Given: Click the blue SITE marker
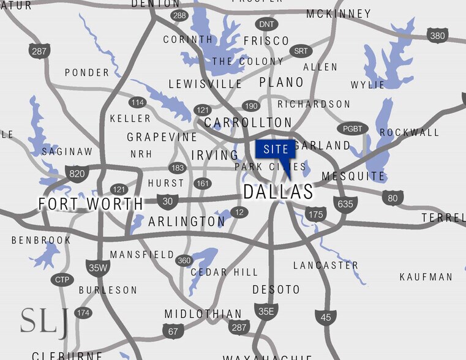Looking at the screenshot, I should (276, 150).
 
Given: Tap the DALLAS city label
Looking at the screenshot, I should (278, 192).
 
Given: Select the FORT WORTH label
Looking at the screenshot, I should (91, 204).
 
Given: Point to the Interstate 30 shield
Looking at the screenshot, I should (167, 200).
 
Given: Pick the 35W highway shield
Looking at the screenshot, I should (97, 267).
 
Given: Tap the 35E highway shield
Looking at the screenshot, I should (266, 311).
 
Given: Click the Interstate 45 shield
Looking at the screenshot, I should (326, 317).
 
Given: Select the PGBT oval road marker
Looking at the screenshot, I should (352, 129).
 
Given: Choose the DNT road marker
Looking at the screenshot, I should (266, 24).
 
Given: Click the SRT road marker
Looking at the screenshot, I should (300, 51).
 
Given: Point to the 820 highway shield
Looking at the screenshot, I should (77, 173).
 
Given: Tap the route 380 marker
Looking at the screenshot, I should (437, 36).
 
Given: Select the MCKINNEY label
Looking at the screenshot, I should (339, 13).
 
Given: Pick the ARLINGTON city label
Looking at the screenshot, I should (187, 222).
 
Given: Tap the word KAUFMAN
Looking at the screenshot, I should (426, 277).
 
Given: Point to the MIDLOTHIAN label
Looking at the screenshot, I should (203, 314).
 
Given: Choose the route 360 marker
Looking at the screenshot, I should (184, 260).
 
